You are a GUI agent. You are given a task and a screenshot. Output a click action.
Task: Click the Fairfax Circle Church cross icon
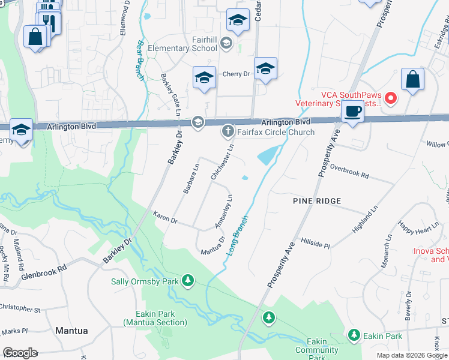228,130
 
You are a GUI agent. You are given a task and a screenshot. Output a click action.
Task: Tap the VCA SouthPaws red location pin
391,97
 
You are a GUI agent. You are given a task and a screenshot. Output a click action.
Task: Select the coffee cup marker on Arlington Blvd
352,112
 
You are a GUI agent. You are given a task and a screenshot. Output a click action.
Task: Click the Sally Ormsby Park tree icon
188,280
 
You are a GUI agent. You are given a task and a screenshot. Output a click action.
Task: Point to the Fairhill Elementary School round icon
226,42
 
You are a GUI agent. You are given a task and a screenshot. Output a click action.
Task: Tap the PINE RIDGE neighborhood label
317,200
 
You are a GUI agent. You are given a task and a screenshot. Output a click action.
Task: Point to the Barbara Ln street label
191,178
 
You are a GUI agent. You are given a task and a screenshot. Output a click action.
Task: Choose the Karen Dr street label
165,217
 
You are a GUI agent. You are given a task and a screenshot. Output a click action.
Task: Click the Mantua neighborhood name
71,331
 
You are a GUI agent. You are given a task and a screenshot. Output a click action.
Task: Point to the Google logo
20,352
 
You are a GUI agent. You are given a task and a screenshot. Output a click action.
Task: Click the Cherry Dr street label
236,74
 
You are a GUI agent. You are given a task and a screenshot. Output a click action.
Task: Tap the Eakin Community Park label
316,349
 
